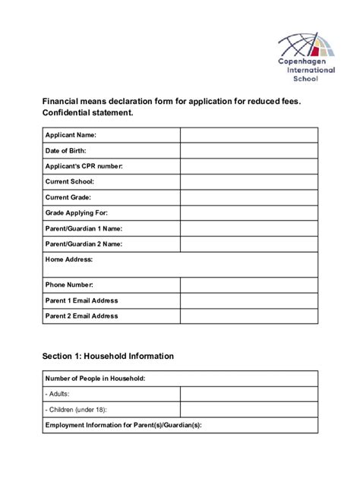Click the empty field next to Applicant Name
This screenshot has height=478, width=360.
[x=248, y=135]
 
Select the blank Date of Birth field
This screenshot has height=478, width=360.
[x=248, y=150]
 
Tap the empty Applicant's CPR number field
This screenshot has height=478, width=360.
[x=248, y=166]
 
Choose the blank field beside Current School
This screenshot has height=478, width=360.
[x=248, y=181]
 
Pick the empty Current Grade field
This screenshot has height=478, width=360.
[x=248, y=197]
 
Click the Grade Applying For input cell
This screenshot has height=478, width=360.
[x=248, y=213]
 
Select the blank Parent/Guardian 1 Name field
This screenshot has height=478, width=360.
[x=248, y=228]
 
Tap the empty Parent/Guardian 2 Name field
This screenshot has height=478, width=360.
[x=248, y=244]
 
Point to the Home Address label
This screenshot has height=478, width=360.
[x=69, y=259]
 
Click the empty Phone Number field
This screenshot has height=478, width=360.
[x=248, y=285]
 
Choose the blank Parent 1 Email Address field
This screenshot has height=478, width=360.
[x=248, y=300]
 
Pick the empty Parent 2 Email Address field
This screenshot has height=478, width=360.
[x=248, y=316]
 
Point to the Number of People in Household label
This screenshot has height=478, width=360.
[x=96, y=379]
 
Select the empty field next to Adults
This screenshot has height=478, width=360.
[x=248, y=395]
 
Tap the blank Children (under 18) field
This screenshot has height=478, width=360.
[x=248, y=410]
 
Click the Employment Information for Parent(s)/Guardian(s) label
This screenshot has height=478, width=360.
[x=122, y=426]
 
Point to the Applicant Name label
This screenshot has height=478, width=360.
[x=71, y=135]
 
